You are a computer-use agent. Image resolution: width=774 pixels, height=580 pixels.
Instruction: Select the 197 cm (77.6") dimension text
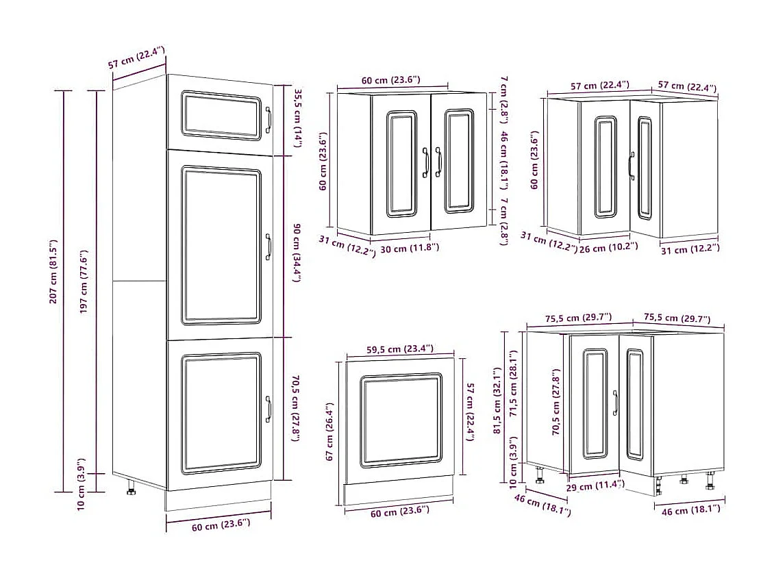click(84, 281)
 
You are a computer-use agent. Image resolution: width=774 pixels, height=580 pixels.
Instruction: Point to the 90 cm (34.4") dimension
click(297, 254)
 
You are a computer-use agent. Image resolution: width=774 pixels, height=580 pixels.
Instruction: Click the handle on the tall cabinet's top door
click(269, 119)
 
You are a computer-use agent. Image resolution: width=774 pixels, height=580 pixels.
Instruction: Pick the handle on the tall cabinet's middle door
click(269, 247)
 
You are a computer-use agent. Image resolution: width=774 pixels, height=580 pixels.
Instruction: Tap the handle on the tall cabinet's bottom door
click(269, 409)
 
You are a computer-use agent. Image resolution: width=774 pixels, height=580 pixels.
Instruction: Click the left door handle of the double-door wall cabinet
click(426, 162)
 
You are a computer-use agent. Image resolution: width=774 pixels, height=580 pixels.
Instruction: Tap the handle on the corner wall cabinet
click(631, 165)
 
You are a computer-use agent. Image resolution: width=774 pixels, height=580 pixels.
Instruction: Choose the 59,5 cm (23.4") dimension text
click(399, 349)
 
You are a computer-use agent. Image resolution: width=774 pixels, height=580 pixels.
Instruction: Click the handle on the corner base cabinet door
click(615, 403)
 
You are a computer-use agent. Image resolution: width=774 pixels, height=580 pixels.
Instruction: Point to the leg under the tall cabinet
click(130, 487)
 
